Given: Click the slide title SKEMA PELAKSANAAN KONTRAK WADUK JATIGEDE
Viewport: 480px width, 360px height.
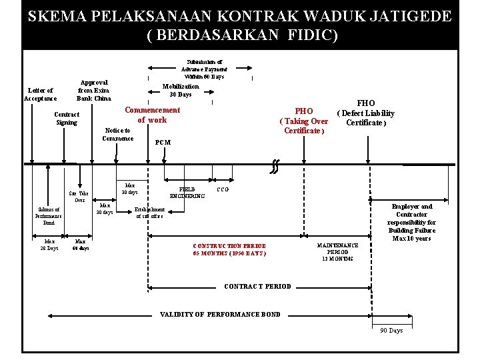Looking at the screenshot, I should [239, 16].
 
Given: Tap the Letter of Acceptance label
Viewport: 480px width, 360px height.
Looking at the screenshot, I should [40, 94].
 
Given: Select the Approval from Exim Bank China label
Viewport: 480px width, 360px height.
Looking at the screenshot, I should [93, 91].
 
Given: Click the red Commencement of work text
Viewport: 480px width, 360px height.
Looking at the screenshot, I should [152, 115].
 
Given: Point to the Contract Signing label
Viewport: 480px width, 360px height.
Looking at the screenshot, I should [67, 118].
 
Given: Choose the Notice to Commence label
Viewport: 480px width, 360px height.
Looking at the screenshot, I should [118, 134].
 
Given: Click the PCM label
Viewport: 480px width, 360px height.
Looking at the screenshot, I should [163, 142].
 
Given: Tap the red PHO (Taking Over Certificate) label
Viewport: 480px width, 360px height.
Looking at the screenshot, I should [304, 121].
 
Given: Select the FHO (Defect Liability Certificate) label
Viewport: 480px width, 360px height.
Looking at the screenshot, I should [366, 113].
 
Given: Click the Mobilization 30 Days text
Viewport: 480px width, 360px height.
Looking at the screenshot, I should [181, 90].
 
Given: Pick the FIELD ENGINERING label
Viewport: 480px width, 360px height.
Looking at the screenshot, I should [187, 193].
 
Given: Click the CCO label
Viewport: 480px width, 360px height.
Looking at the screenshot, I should [223, 189].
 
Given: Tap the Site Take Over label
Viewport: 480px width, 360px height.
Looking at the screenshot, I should [80, 196].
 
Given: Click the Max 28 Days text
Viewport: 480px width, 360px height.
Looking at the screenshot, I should [49, 245].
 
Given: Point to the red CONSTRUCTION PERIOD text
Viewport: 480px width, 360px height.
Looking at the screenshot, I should [229, 249].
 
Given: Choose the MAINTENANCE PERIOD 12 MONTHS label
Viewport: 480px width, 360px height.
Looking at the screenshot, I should [337, 251].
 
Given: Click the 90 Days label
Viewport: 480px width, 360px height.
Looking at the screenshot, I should [391, 331].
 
